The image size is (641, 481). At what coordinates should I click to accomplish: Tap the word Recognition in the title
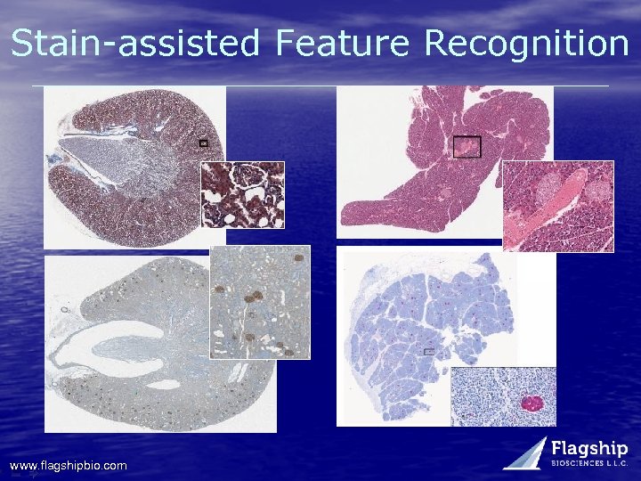coord(526,43)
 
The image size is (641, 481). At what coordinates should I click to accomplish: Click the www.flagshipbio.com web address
coord(68,466)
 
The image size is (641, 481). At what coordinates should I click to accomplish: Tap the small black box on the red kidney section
coord(202,142)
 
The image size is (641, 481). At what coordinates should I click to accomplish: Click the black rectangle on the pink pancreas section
coord(467,146)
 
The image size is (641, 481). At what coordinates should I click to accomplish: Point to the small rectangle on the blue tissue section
coord(429,352)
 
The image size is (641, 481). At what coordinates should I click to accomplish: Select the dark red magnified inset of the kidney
coord(242,194)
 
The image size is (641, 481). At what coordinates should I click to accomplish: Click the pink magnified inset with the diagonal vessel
coord(558,206)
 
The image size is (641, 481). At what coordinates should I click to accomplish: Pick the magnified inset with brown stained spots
coord(260,302)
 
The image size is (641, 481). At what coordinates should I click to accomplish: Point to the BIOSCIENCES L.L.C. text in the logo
coord(589,464)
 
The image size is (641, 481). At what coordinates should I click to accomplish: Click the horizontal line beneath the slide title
coord(320,86)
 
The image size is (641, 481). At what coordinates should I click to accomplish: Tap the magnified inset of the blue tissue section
coord(503,395)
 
